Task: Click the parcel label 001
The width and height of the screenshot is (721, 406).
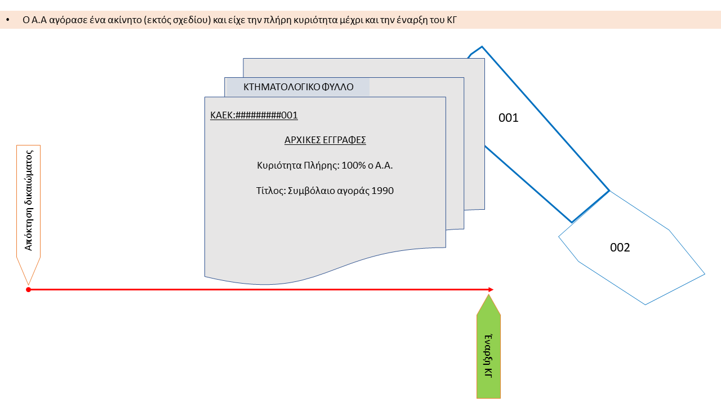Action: click(508, 118)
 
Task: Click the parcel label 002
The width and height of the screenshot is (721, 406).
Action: click(620, 248)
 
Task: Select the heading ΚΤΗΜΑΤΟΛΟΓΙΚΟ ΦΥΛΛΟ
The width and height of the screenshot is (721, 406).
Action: click(299, 87)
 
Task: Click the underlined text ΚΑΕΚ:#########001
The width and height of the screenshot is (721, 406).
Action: click(254, 116)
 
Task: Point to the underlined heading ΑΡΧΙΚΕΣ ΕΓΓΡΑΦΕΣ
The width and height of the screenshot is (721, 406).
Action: click(325, 140)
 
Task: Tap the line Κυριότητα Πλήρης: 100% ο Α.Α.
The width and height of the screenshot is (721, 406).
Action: click(324, 166)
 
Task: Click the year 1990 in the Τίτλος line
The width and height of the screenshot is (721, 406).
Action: click(383, 191)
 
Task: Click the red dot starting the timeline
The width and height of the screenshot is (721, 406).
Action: click(28, 290)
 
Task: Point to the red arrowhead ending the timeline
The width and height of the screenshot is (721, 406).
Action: click(490, 290)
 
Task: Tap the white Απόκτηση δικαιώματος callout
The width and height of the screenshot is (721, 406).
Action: click(28, 203)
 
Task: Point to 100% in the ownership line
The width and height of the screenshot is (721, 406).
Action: click(353, 166)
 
